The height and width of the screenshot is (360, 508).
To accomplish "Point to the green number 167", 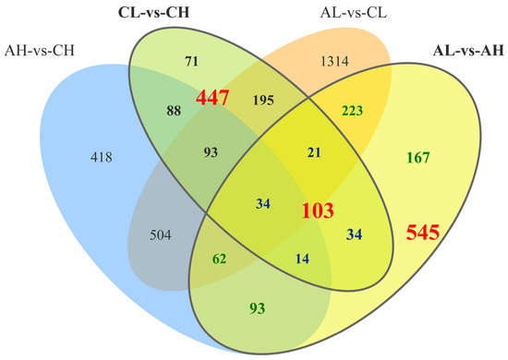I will click(x=420, y=158).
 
